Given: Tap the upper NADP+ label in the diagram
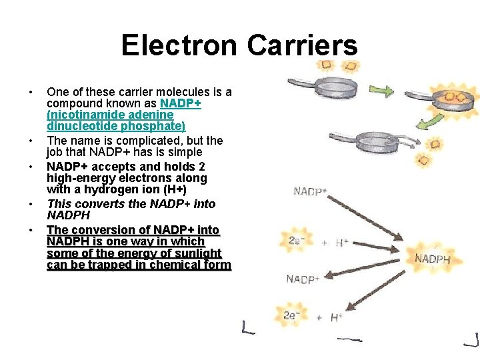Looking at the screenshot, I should coord(310,192).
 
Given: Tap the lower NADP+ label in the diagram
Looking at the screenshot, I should coord(303,279).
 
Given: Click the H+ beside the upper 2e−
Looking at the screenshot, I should coord(341,243).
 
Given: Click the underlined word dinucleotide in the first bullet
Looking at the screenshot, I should coord(78,127).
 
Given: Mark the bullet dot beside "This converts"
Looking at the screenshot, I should coord(31,204).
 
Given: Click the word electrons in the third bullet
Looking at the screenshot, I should coord(141,178).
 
